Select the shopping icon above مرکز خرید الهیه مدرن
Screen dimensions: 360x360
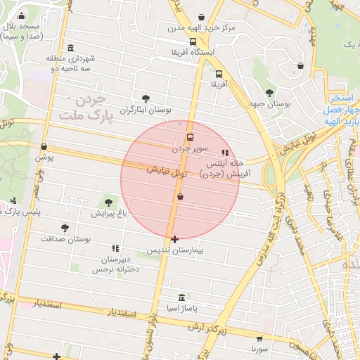(202, 17)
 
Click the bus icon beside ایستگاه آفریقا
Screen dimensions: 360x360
(193, 41)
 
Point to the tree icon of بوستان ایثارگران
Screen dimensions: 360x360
(146, 98)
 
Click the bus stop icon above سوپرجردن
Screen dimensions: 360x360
(190, 137)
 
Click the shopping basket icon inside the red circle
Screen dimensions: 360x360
(181, 197)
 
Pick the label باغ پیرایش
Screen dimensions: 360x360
(107, 212)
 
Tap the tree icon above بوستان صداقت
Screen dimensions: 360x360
(65, 228)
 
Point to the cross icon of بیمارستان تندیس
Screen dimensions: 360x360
(174, 240)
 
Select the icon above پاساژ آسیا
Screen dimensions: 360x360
(182, 297)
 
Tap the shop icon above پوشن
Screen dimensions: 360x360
(44, 147)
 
